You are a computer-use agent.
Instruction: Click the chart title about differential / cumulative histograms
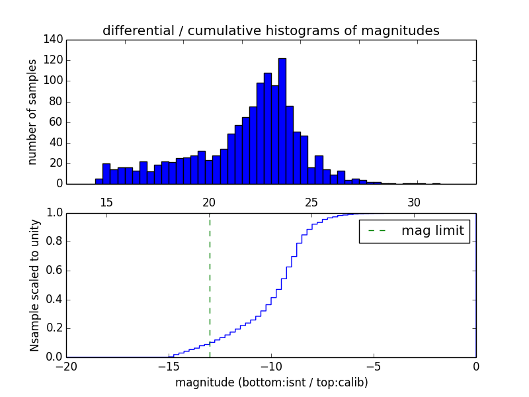(x=270, y=30)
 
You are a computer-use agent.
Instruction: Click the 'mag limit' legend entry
(x=414, y=231)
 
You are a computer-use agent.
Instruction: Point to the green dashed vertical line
(x=210, y=285)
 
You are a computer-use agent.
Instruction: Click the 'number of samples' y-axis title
(x=32, y=112)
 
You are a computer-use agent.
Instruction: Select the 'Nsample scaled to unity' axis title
(x=34, y=285)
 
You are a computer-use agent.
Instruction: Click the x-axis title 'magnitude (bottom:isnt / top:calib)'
(x=271, y=382)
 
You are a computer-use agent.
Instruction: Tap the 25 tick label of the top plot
(x=311, y=202)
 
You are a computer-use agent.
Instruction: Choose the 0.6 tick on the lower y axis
(x=54, y=271)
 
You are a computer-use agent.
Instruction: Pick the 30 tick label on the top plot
(x=414, y=202)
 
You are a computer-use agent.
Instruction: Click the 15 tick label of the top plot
(x=106, y=202)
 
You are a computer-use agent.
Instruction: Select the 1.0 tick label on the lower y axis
(x=54, y=213)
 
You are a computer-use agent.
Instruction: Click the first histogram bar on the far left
(x=99, y=181)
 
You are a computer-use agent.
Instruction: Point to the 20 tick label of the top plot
(x=209, y=202)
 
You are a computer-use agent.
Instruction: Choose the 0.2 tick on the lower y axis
(x=54, y=328)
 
